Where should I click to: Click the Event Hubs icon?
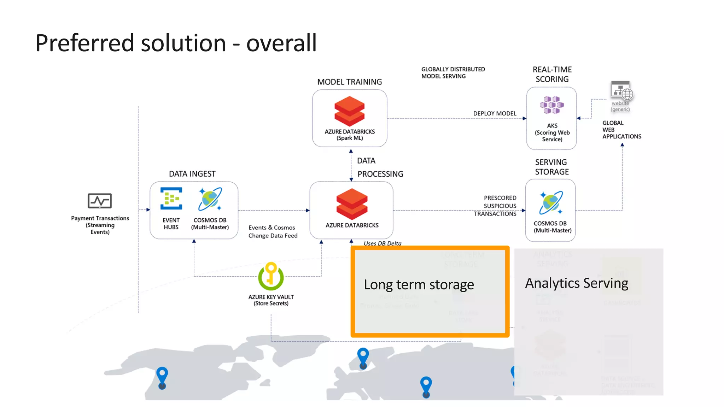[x=171, y=199]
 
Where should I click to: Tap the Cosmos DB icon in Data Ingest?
[x=210, y=199]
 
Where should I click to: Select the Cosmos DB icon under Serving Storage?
[x=551, y=203]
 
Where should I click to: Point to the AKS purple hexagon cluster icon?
[x=551, y=105]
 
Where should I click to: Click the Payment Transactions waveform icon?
[x=100, y=201]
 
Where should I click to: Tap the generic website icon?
[x=621, y=91]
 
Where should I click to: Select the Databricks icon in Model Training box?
[x=349, y=111]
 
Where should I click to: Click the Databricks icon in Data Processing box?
[x=352, y=204]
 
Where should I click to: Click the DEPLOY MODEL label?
[x=495, y=113]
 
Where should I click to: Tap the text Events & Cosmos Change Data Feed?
[x=273, y=232]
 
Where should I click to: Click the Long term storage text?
[x=419, y=285]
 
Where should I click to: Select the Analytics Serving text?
[x=576, y=283]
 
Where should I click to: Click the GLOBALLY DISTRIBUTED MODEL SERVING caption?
[x=452, y=73]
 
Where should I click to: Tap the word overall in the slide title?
[x=281, y=43]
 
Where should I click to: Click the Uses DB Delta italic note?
[x=382, y=243]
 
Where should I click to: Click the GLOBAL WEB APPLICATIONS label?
[x=621, y=130]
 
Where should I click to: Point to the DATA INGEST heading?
[x=192, y=174]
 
